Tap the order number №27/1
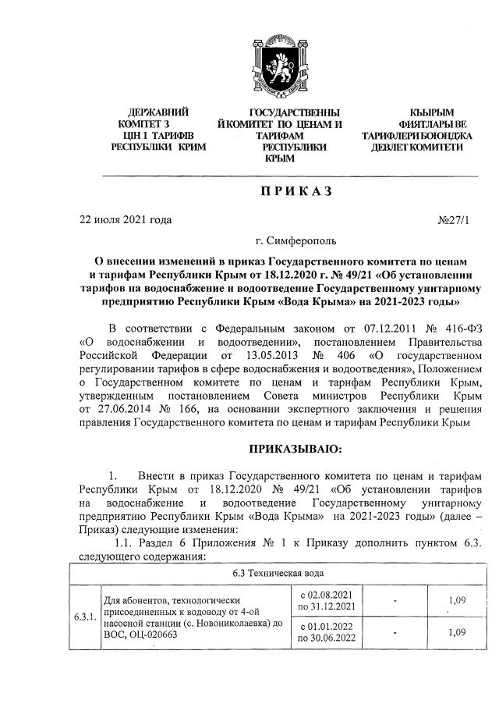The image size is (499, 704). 455,220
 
